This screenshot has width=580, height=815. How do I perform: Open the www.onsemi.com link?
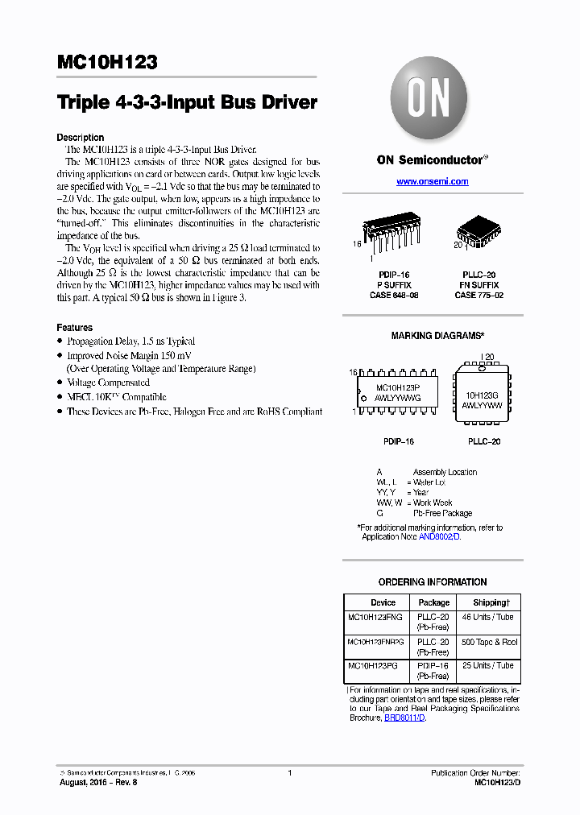(x=432, y=182)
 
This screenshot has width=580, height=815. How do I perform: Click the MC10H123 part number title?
(x=107, y=63)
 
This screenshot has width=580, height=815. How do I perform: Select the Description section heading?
(x=80, y=138)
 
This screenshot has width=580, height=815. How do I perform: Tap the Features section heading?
(x=74, y=328)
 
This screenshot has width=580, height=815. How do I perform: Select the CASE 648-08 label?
(x=394, y=296)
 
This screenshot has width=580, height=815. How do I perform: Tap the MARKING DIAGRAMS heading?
(x=437, y=336)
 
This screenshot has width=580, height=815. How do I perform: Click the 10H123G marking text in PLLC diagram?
(x=482, y=395)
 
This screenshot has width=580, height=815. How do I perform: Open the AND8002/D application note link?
(x=439, y=536)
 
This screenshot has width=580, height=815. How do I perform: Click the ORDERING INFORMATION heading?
(x=433, y=582)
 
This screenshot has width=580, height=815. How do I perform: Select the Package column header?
(x=433, y=602)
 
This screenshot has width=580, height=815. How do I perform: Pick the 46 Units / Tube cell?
(x=488, y=617)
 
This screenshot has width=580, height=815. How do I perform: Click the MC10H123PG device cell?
(x=372, y=666)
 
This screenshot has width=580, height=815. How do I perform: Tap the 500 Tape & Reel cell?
(x=488, y=642)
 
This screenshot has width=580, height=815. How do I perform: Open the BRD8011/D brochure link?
(x=404, y=718)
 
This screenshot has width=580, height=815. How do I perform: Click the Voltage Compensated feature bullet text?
(x=108, y=383)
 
